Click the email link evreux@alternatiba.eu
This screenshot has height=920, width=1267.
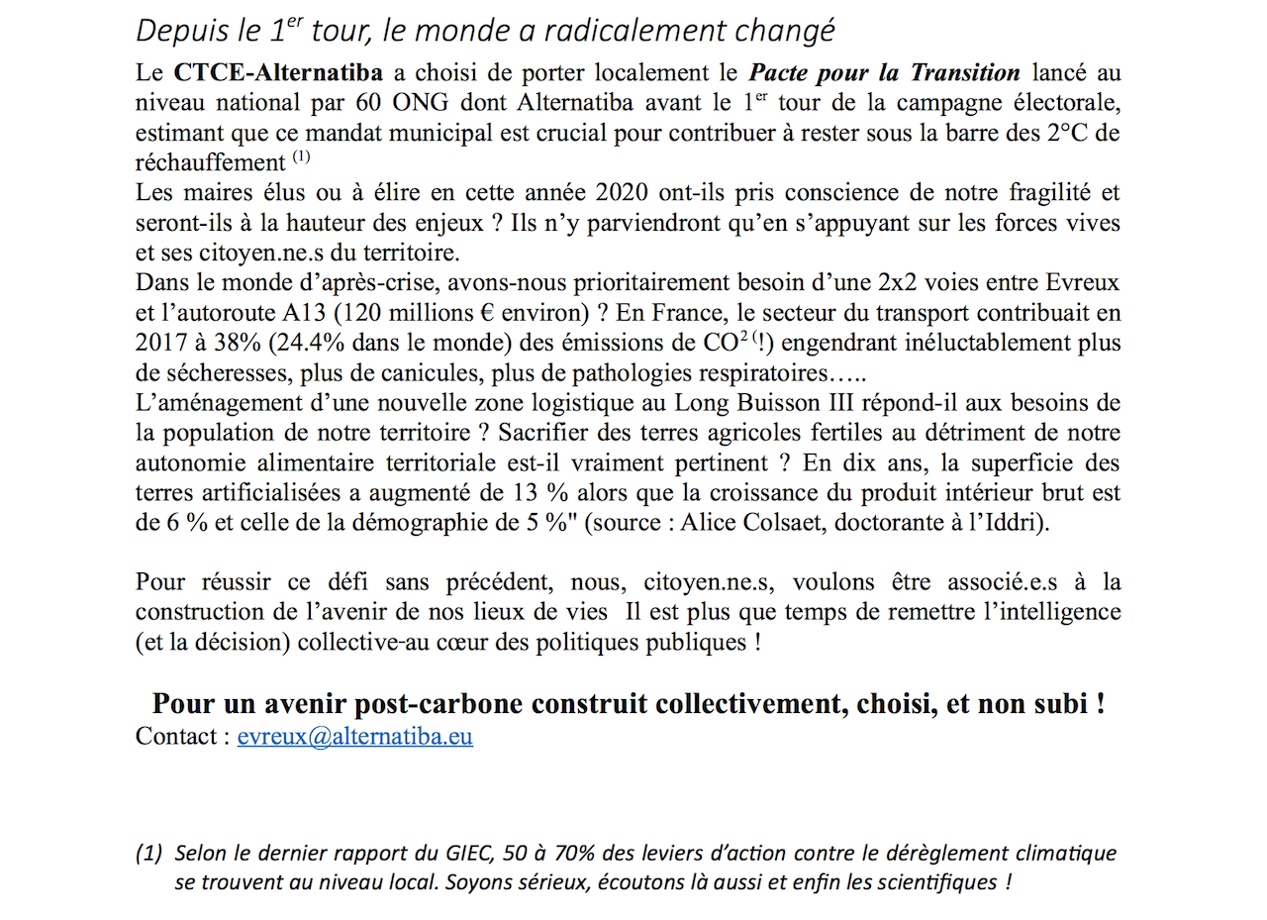tap(354, 737)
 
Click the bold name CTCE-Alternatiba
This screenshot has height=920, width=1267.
tap(278, 72)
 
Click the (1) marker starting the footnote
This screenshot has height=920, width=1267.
tap(148, 854)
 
